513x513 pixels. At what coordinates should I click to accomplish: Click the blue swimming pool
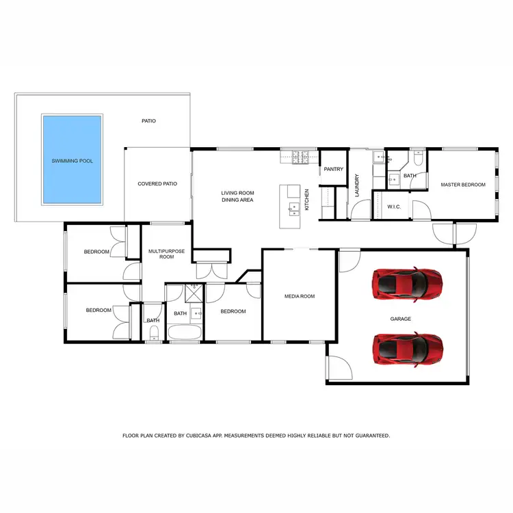73,160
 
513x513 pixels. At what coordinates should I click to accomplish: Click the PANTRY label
333,169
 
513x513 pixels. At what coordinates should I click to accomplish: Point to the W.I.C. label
393,207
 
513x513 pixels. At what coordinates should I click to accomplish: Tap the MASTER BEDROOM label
463,185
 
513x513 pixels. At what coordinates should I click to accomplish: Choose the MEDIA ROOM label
300,296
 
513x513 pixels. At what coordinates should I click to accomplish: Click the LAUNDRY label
357,185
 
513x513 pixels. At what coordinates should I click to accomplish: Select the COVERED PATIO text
157,183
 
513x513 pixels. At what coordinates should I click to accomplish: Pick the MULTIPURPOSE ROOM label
162,254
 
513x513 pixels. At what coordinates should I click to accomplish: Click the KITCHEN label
307,199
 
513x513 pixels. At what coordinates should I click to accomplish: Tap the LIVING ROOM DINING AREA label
237,196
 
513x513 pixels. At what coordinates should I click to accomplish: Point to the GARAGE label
400,318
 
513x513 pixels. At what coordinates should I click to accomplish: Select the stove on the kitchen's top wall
300,157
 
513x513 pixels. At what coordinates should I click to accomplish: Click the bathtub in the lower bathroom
185,334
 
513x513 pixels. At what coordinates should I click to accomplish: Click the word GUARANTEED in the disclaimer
369,435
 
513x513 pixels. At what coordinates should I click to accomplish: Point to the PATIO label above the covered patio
148,121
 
